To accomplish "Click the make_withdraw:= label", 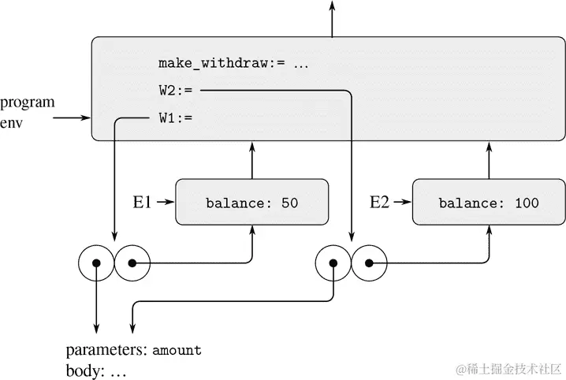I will coord(233,64).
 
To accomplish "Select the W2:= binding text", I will coord(175,91).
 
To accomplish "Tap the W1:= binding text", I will coord(175,119).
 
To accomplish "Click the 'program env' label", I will coord(28,112).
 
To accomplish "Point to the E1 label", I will coord(142,203).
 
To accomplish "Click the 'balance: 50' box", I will coord(251,203).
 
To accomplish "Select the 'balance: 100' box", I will coord(489,203).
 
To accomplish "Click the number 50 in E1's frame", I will coord(289,203).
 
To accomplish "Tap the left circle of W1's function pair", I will coord(96,263).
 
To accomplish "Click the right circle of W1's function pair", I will coord(132,263).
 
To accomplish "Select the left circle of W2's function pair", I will coord(333,263).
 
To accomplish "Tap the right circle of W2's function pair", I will coord(368,263).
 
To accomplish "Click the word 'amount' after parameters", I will coord(177,350).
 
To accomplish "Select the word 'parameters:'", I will coord(106,350).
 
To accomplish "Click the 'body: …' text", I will coord(96,370).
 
